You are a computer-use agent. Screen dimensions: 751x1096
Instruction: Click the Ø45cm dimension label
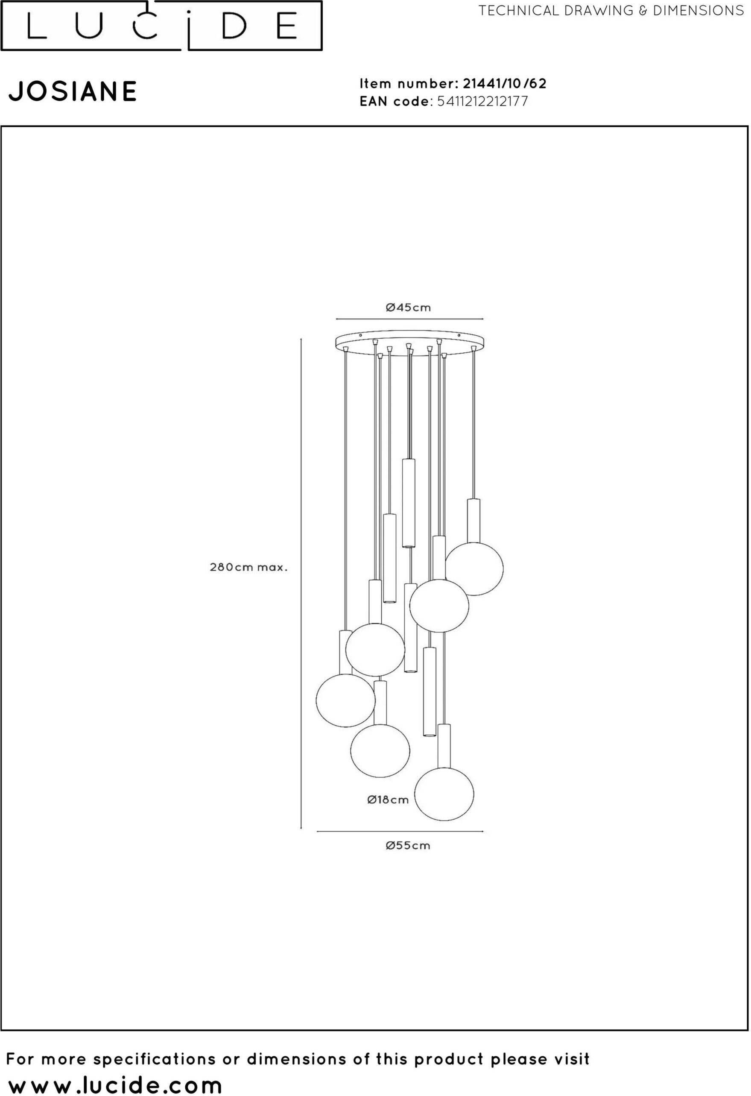(408, 308)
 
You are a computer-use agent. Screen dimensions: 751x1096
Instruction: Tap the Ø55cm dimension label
(408, 846)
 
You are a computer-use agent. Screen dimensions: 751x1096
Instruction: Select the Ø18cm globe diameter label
(388, 800)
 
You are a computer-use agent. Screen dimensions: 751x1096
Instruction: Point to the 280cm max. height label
(248, 567)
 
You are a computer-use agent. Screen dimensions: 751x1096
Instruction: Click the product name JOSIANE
(73, 91)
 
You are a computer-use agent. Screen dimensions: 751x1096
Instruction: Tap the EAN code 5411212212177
(483, 101)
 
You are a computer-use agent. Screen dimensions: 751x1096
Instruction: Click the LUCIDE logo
(162, 26)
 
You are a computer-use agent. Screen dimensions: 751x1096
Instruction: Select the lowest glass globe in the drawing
(444, 794)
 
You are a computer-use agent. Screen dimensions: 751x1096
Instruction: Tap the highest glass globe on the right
(474, 569)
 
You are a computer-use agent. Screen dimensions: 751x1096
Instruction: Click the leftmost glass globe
(345, 700)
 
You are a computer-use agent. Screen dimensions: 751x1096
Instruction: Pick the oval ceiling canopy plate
(409, 341)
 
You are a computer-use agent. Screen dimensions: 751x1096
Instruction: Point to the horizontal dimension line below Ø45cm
(409, 319)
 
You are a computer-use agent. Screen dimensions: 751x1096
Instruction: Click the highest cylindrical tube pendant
(409, 503)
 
